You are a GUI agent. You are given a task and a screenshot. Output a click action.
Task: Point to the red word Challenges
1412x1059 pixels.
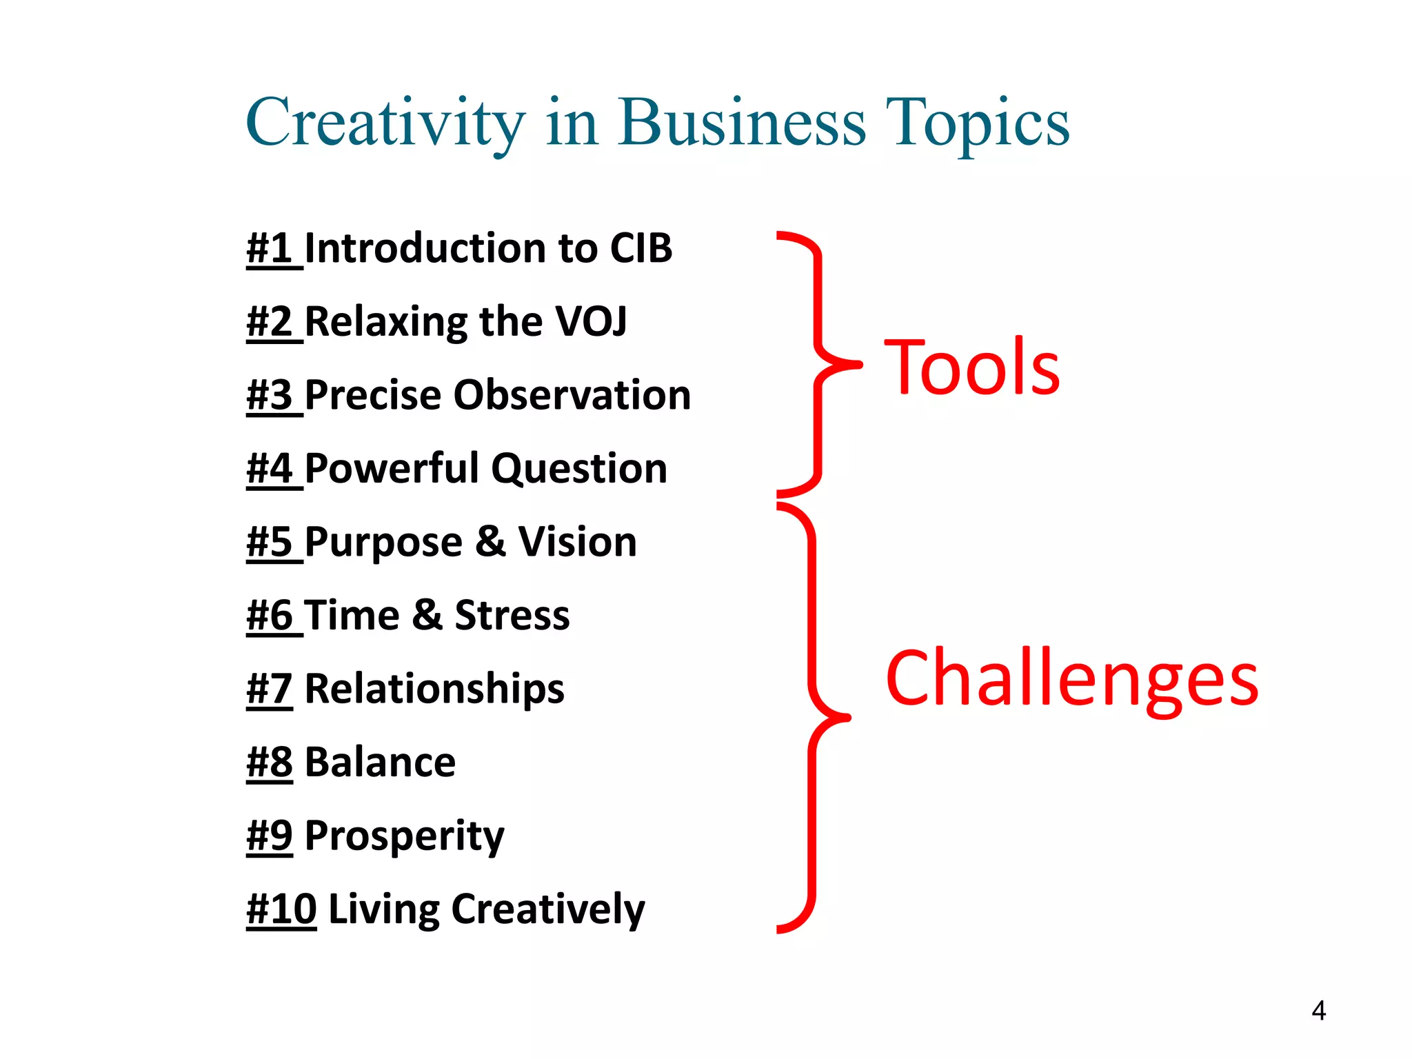pos(1072,679)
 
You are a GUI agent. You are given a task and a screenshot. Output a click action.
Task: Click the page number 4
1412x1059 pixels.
pos(1318,1011)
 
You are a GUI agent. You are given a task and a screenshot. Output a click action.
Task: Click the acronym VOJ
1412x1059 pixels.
pos(591,321)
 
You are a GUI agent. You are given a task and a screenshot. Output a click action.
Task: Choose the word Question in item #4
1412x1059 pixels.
pos(579,469)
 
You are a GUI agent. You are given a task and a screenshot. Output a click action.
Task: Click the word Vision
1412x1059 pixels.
pos(577,542)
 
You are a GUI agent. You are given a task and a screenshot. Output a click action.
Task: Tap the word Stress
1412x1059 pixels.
pos(512,615)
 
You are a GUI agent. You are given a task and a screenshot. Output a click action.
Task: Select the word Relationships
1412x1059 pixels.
pos(434,689)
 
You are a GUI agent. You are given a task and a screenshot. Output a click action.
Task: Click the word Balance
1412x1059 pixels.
pos(380,762)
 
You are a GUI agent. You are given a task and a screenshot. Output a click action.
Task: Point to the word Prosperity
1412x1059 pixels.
pos(404,836)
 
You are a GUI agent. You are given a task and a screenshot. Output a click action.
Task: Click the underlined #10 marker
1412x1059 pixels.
pos(281,909)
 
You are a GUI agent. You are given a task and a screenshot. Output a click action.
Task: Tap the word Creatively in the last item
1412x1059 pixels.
pos(548,909)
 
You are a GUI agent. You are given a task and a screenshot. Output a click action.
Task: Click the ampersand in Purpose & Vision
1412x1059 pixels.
pos(490,542)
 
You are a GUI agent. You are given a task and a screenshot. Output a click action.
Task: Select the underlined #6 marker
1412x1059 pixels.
pos(270,615)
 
